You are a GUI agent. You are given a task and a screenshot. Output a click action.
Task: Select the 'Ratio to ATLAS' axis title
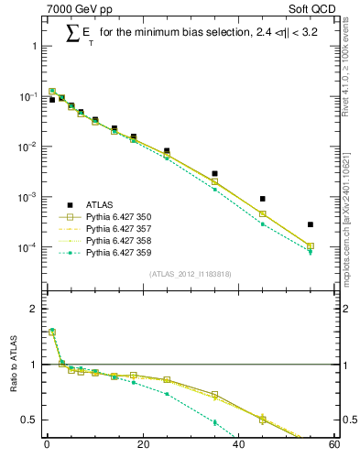(x=13, y=365)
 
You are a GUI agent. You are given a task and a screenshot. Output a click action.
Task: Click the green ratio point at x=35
(x=214, y=422)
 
